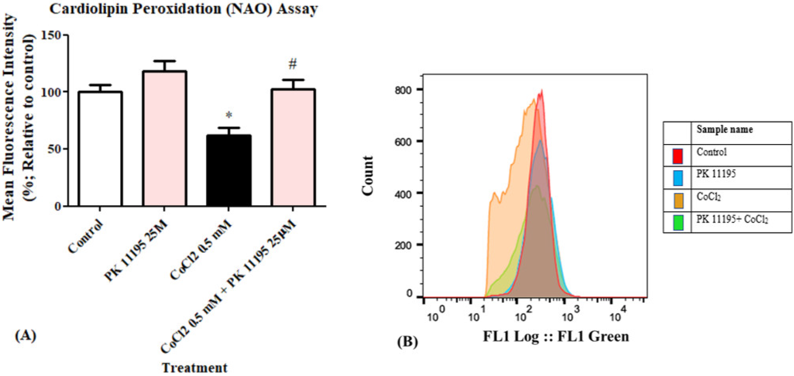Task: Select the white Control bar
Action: (100, 149)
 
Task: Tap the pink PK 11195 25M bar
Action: (164, 138)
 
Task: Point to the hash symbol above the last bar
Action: (293, 64)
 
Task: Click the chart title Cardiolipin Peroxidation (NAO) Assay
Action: (183, 9)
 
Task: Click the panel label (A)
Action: (25, 335)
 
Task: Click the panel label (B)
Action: (407, 341)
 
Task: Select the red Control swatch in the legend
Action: (677, 156)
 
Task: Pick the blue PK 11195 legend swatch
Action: (677, 178)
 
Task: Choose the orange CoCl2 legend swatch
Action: (677, 201)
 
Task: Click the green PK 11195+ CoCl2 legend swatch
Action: (677, 222)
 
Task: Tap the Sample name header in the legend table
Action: (725, 129)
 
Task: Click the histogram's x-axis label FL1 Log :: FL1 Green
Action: (556, 336)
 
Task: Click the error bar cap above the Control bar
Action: (100, 85)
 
